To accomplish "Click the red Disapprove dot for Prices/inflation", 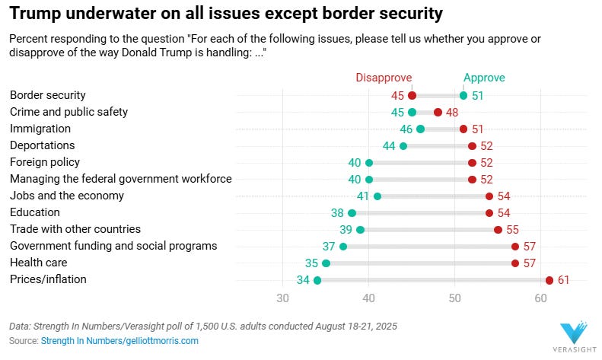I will point(549,280).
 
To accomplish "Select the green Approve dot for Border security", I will point(463,96).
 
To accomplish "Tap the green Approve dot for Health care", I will point(326,263).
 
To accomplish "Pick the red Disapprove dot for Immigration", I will point(463,129).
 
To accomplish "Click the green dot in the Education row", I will point(352,213).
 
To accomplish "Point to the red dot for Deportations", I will point(472,146).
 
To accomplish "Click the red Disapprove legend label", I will point(384,78).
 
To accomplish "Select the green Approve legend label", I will point(484,78).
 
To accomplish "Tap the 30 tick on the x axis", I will point(282,298).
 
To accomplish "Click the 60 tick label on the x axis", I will point(540,298).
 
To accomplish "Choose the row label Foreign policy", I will point(44,162).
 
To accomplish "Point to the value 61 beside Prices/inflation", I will point(564,280).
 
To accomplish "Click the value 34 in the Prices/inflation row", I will point(301,280).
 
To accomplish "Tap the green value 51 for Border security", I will point(478,96).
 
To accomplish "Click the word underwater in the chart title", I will point(96,14).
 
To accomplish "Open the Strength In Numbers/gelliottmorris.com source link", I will point(119,341).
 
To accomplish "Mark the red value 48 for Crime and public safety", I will point(452,113).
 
